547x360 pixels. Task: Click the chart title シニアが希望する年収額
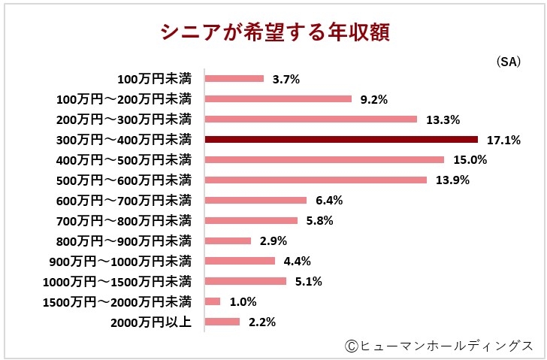(273, 32)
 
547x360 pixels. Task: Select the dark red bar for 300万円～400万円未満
(341, 139)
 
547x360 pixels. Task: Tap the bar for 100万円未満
(234, 78)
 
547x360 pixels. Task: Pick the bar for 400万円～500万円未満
(325, 159)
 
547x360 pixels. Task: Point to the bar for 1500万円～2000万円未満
(213, 301)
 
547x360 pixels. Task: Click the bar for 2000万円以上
(222, 322)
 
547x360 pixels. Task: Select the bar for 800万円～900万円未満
(228, 241)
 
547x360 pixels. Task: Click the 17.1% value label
(503, 140)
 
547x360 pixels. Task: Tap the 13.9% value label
(452, 180)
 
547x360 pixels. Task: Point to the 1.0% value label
(243, 302)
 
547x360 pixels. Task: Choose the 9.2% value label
(374, 99)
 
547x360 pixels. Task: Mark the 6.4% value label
(329, 201)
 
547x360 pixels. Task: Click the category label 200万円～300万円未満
(124, 119)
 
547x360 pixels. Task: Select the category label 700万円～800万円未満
(124, 220)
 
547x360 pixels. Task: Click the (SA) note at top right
(508, 62)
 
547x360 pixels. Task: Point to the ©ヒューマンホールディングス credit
(440, 345)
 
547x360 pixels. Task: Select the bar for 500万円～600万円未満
(316, 180)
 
